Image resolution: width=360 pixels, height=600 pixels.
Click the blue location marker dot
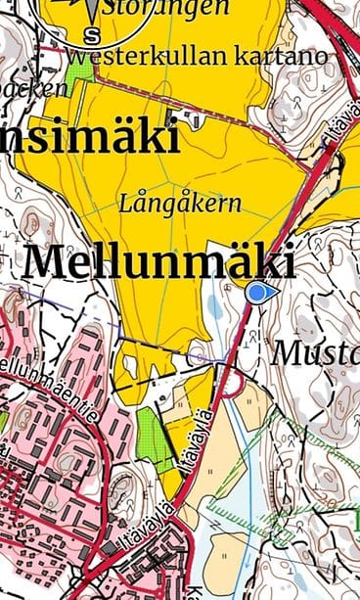pyautogui.click(x=257, y=292)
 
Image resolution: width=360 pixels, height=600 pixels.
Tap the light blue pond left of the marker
pyautogui.click(x=216, y=306)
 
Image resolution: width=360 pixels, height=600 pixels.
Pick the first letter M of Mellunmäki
pyautogui.click(x=47, y=262)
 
